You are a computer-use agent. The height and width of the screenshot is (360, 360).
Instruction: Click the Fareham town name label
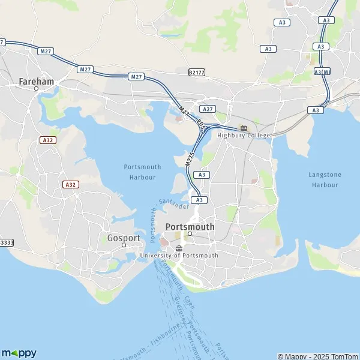coord(36,80)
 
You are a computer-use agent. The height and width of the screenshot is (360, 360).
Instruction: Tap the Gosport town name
coord(124,237)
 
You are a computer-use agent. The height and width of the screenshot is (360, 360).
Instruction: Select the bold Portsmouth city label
coord(189,227)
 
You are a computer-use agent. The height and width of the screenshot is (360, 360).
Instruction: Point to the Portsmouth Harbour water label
coord(143,172)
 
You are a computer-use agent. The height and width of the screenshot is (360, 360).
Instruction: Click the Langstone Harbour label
coord(324,179)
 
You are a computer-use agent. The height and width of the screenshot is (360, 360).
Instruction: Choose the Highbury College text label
coord(244,135)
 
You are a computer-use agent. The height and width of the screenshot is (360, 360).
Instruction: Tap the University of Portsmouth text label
coord(178,255)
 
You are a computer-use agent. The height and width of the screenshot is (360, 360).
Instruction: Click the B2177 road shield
coord(196,73)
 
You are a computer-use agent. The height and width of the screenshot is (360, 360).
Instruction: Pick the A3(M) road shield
coord(322,72)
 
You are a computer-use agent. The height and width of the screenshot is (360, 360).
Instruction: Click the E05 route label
coord(201,128)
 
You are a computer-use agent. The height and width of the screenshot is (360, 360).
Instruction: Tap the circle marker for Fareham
coord(36,88)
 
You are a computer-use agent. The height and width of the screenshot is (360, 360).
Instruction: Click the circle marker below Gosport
coord(124,245)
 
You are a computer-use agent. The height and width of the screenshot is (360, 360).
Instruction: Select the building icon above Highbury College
coord(244,127)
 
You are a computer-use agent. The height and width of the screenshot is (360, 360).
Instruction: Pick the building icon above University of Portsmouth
coord(178,248)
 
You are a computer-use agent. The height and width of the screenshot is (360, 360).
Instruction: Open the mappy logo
coord(19,352)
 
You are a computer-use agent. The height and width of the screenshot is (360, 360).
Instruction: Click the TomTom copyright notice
coord(317,356)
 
